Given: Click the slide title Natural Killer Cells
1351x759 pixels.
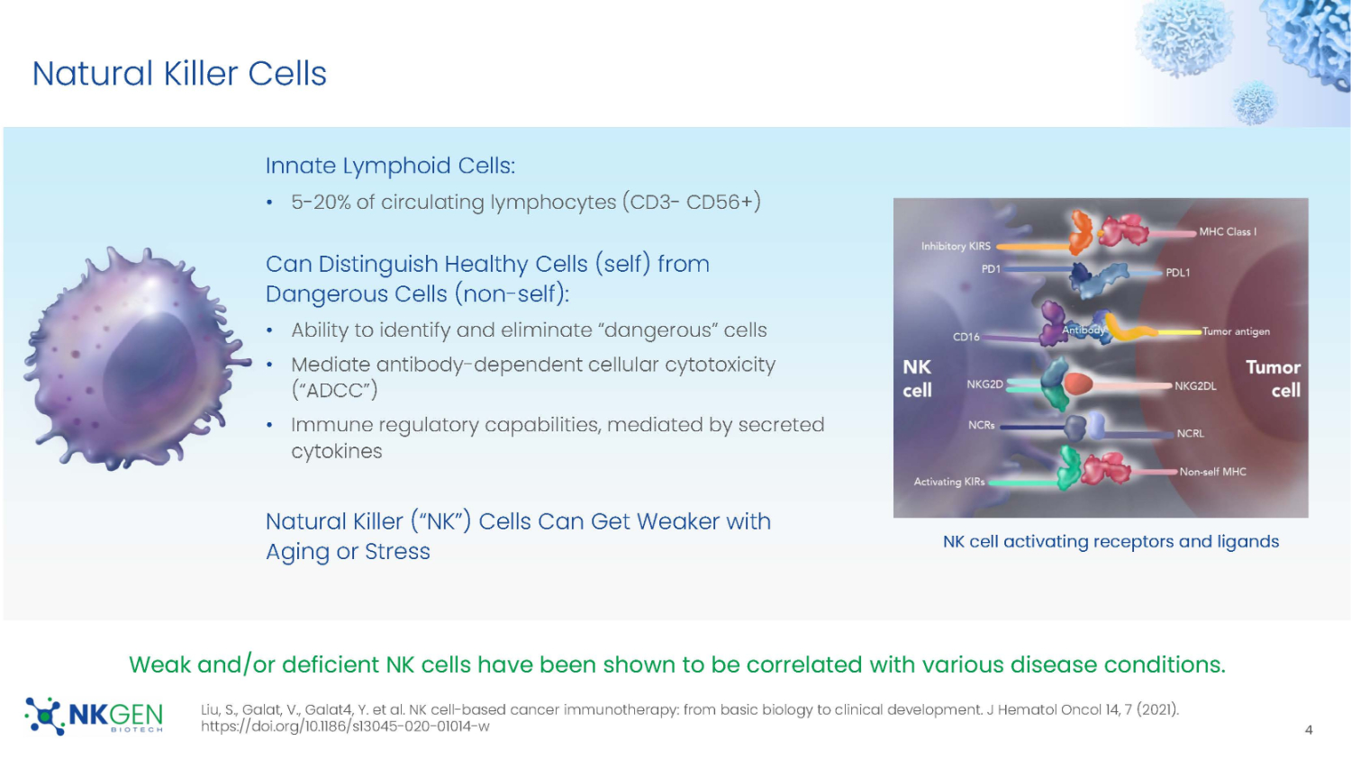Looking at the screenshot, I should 179,74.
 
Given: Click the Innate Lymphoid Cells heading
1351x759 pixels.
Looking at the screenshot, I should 390,166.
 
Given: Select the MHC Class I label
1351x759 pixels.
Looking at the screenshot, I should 1227,232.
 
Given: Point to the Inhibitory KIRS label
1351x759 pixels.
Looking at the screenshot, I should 955,246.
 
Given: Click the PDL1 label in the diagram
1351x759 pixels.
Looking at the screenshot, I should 1177,273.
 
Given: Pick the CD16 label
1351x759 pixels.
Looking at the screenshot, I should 966,337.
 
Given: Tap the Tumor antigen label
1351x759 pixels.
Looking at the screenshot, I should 1236,331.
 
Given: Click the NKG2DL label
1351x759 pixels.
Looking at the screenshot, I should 1195,386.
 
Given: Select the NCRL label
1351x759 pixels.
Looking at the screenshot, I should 1190,434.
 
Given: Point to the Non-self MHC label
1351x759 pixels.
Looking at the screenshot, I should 1212,472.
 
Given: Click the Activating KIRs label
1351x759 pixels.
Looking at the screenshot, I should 949,482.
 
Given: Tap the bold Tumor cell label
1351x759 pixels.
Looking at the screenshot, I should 1274,378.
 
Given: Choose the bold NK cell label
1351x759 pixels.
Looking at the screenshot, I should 917,378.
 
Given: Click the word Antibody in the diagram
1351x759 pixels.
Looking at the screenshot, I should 1083,330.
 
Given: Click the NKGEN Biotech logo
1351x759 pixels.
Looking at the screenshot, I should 95,717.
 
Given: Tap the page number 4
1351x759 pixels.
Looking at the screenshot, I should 1309,730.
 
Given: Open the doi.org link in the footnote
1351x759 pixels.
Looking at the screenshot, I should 345,727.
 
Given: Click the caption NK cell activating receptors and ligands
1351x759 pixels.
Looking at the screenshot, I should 1111,541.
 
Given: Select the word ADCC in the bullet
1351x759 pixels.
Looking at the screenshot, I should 334,391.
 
